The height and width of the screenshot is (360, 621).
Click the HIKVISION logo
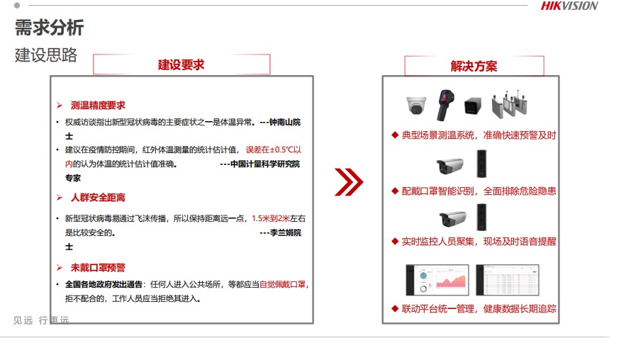(x=569, y=6)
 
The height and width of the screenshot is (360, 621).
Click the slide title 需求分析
(x=50, y=28)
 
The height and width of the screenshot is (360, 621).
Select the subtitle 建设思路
(x=46, y=55)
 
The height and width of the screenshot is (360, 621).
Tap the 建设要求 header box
(x=181, y=64)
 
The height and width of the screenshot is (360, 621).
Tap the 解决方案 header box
(x=474, y=66)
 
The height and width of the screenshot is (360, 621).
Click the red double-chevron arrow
(x=348, y=182)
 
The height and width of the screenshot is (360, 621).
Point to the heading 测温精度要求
(x=98, y=106)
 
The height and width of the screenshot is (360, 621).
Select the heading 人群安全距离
(x=98, y=198)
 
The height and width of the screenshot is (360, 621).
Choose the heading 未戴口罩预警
(x=98, y=268)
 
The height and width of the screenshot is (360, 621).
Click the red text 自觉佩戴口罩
(x=282, y=285)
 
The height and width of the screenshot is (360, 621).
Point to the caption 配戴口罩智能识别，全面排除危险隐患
(x=474, y=191)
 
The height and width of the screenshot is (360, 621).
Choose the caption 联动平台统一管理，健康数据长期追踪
(x=474, y=309)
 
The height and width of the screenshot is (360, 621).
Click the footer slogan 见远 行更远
(x=41, y=320)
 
